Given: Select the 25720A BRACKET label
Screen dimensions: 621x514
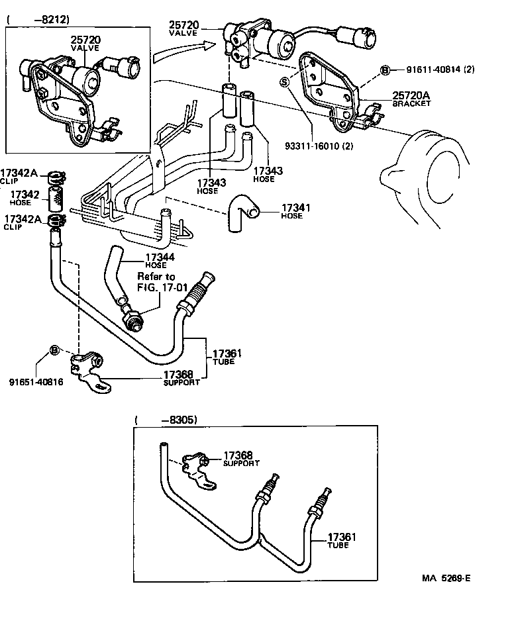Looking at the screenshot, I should click(411, 99).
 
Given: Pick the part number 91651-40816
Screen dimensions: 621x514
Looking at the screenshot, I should click(36, 381).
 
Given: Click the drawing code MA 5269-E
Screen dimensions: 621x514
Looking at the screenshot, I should click(446, 578).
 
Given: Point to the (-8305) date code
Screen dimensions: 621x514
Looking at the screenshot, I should click(165, 419).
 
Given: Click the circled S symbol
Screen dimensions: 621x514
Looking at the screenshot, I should click(285, 82).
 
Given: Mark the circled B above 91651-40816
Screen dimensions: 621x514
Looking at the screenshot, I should click(54, 350).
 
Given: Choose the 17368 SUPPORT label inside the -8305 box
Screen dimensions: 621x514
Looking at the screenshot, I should click(241, 458).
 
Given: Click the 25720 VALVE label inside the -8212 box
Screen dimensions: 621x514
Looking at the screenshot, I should click(86, 43).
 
